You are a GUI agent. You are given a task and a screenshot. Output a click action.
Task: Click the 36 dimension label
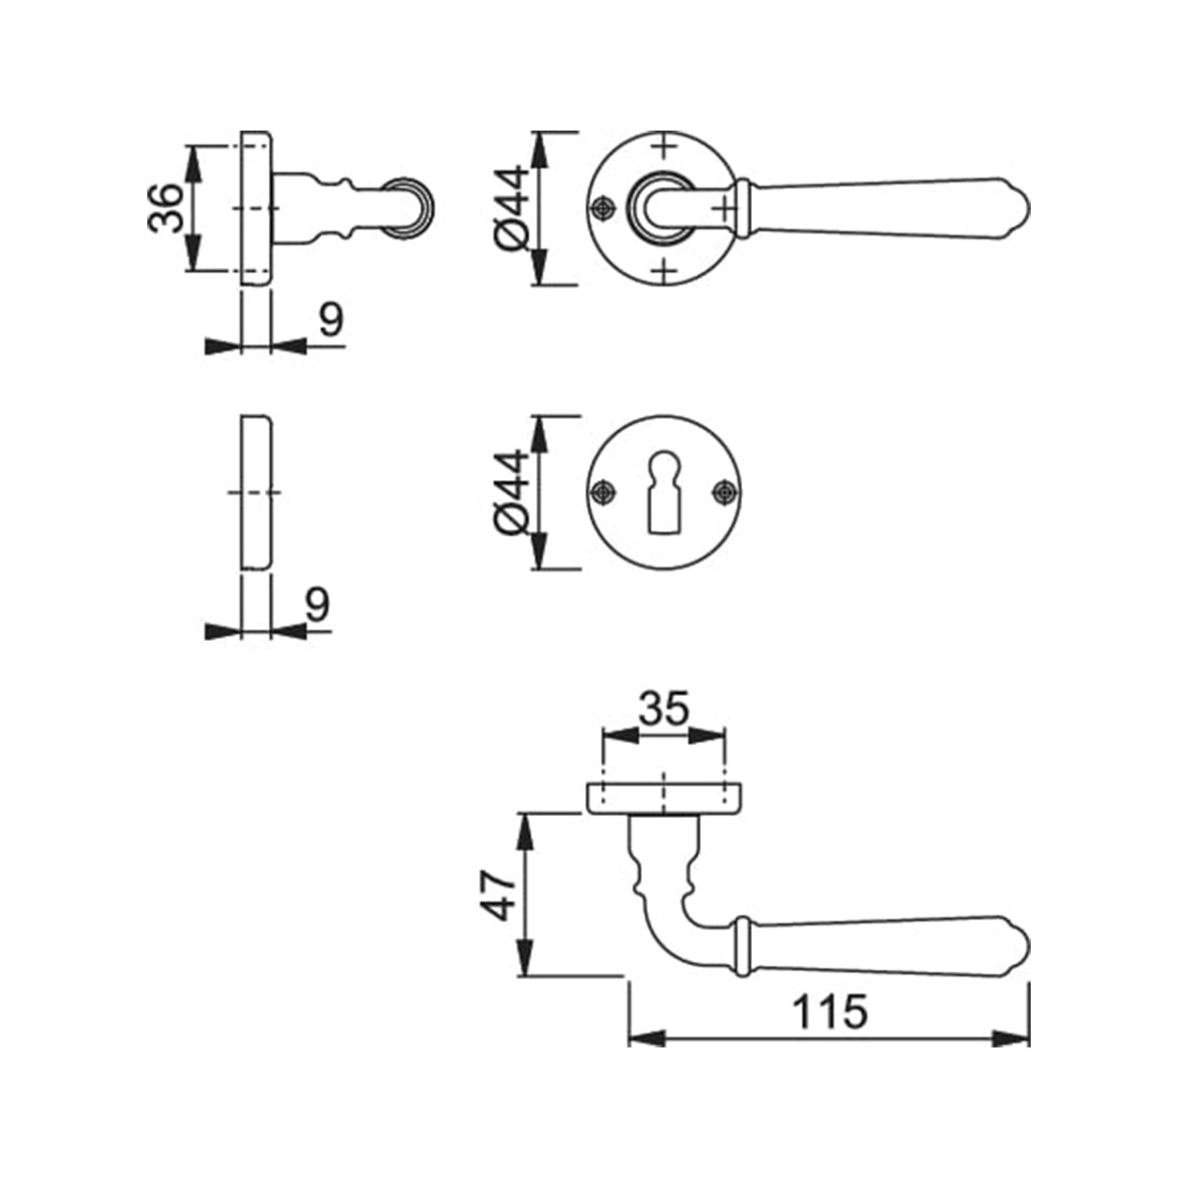166,208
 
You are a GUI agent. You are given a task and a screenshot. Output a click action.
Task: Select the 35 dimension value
664,709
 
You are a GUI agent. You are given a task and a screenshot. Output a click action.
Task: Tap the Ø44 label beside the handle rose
511,208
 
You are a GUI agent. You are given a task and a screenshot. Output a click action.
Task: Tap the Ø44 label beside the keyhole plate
511,493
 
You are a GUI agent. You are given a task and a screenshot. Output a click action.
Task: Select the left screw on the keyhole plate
604,493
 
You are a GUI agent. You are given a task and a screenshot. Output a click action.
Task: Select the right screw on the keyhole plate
725,493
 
